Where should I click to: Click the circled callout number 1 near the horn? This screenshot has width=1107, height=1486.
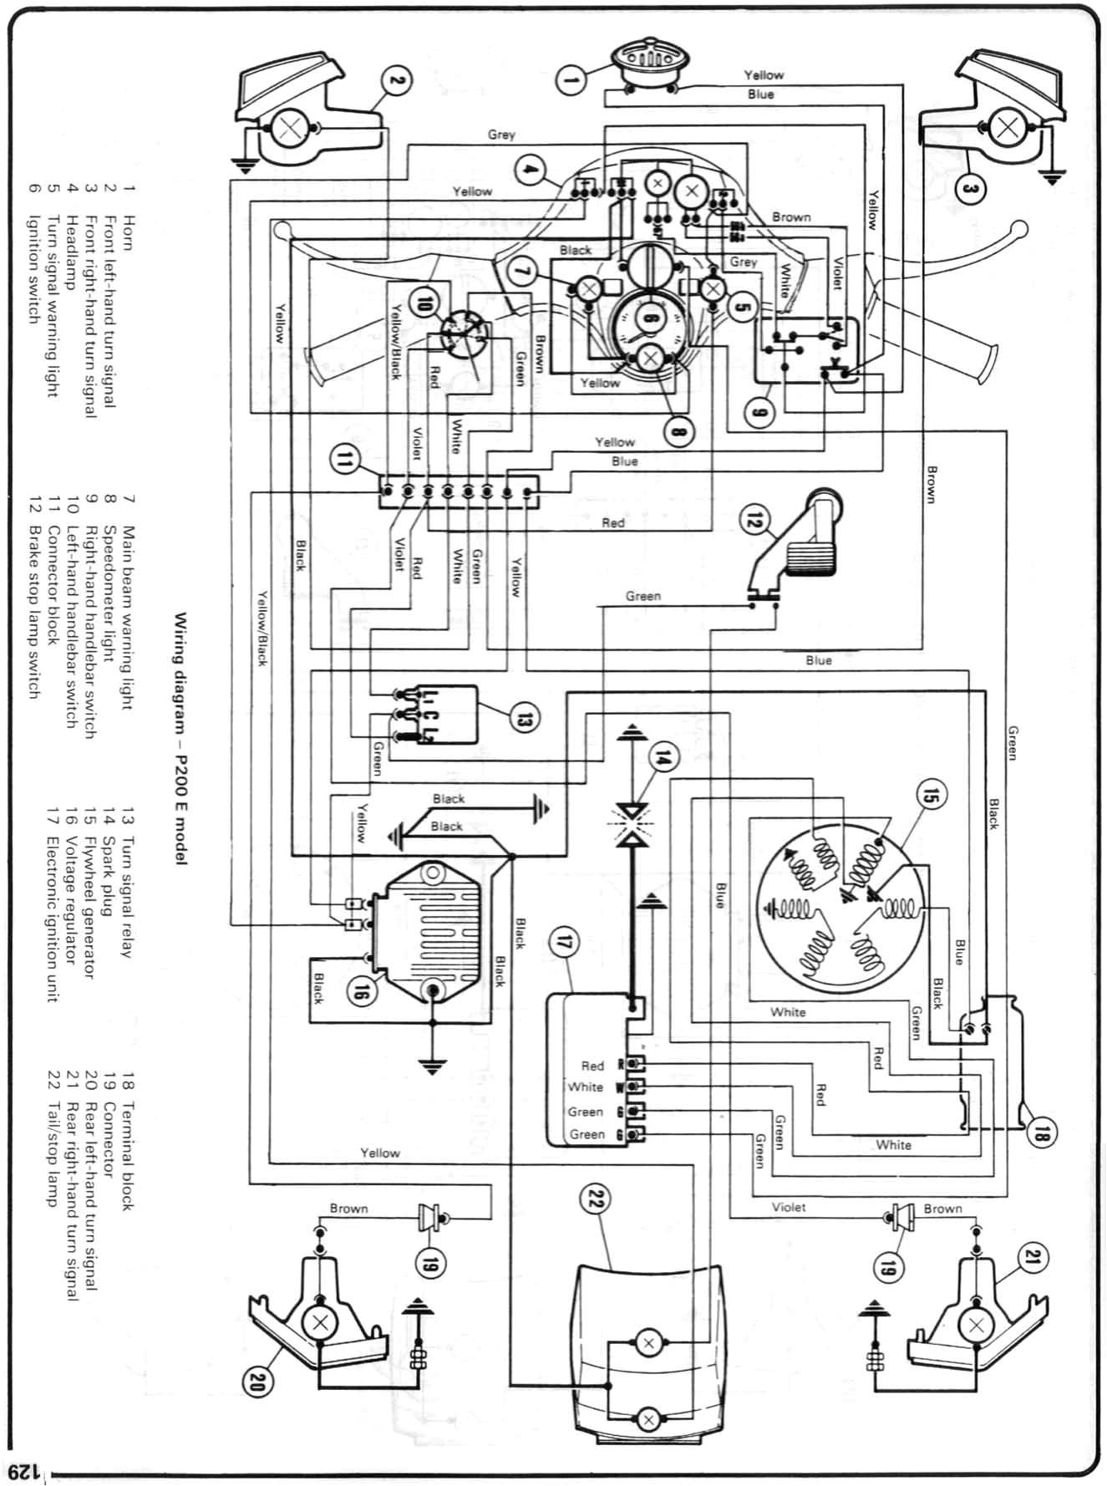(x=571, y=80)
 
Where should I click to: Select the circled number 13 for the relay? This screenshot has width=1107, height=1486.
(x=523, y=718)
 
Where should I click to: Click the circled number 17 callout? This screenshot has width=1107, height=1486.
(x=564, y=943)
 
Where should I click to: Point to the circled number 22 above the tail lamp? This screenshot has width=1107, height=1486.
(x=596, y=1200)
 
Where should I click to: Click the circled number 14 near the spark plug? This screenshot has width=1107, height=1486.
(x=663, y=759)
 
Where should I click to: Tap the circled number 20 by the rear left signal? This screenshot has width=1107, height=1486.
(x=256, y=1383)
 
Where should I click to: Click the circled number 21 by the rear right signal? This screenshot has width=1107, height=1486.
(x=1031, y=1259)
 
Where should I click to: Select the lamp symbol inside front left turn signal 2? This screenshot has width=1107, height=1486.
(x=289, y=128)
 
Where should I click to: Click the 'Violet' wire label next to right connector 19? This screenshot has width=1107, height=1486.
(x=788, y=1207)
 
